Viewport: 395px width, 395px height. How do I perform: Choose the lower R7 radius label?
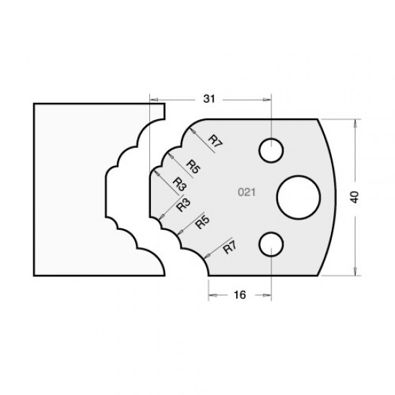[x=230, y=248]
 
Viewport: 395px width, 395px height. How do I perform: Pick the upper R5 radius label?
[x=192, y=165]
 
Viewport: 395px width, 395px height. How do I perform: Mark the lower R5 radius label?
[x=202, y=225]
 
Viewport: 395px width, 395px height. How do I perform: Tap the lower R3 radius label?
[x=184, y=206]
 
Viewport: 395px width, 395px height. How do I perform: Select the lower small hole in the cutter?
[x=271, y=242]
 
